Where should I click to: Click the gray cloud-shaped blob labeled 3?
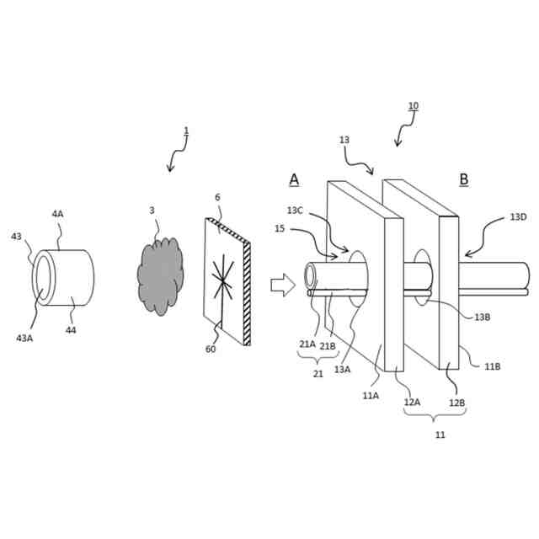[x=160, y=275]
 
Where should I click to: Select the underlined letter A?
[x=294, y=179]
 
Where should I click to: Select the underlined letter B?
[x=464, y=179]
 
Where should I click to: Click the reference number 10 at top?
[x=413, y=106]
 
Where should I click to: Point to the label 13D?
[x=519, y=217]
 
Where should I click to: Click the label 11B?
[x=493, y=366]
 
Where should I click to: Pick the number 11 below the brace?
[x=440, y=435]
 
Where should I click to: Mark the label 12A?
[x=412, y=403]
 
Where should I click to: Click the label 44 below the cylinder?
[x=71, y=330]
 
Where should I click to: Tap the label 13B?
[x=482, y=318]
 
